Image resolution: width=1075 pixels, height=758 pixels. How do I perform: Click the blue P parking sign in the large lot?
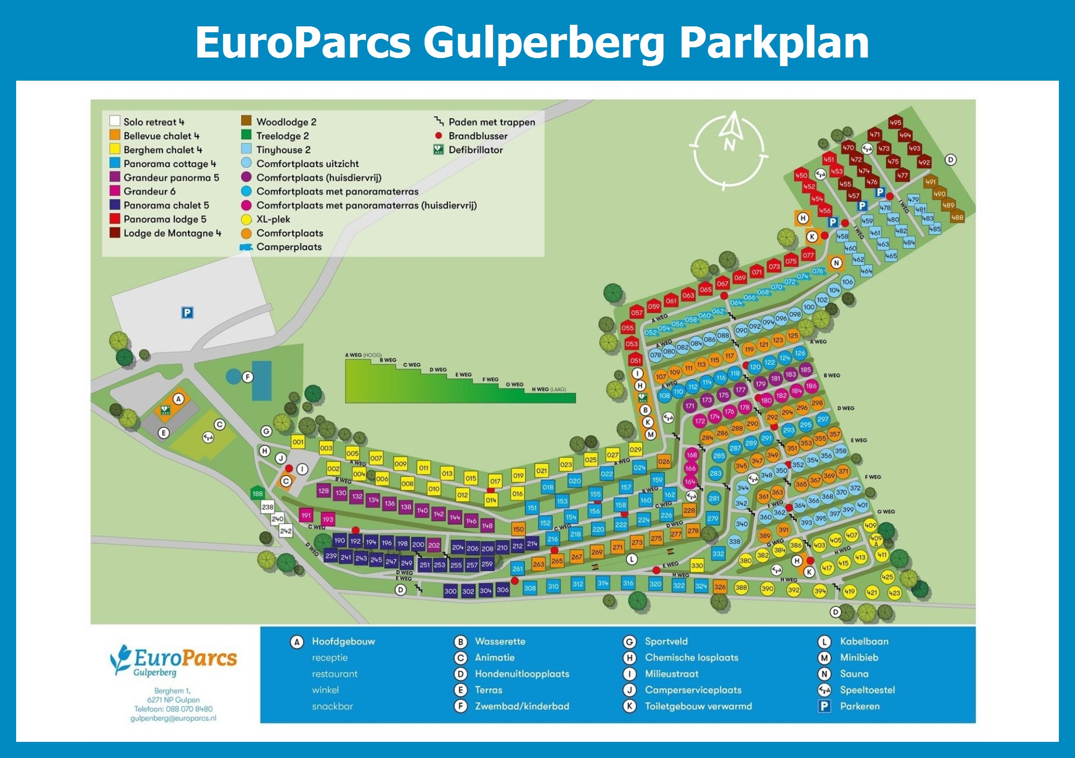click(x=187, y=312)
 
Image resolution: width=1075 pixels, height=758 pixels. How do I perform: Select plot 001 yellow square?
click(x=298, y=442)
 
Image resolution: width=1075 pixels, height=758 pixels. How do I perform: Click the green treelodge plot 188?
click(x=257, y=494)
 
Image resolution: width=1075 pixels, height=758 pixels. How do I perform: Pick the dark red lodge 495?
click(x=895, y=123)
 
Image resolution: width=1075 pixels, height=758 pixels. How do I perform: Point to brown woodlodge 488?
click(x=957, y=217)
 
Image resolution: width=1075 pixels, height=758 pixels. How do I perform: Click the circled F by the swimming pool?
click(x=247, y=377)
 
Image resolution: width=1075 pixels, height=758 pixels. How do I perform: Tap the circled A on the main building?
click(x=178, y=399)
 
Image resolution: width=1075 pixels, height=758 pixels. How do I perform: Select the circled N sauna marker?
click(x=836, y=263)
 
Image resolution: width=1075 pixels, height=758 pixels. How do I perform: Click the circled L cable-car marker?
click(x=632, y=559)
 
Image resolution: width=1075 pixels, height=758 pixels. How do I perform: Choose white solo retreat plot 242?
click(x=285, y=531)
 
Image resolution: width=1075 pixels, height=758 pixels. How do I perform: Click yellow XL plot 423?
click(x=894, y=593)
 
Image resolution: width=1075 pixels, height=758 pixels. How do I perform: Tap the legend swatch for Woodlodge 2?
click(x=246, y=120)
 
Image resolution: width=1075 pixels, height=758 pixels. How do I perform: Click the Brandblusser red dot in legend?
click(x=439, y=135)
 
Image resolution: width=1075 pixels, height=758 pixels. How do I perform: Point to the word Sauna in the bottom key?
click(x=854, y=674)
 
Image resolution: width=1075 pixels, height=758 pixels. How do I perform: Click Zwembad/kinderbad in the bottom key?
click(x=521, y=706)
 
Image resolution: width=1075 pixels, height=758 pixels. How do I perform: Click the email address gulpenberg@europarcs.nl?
click(x=173, y=718)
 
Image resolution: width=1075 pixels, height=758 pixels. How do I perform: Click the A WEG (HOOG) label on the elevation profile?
click(x=363, y=355)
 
